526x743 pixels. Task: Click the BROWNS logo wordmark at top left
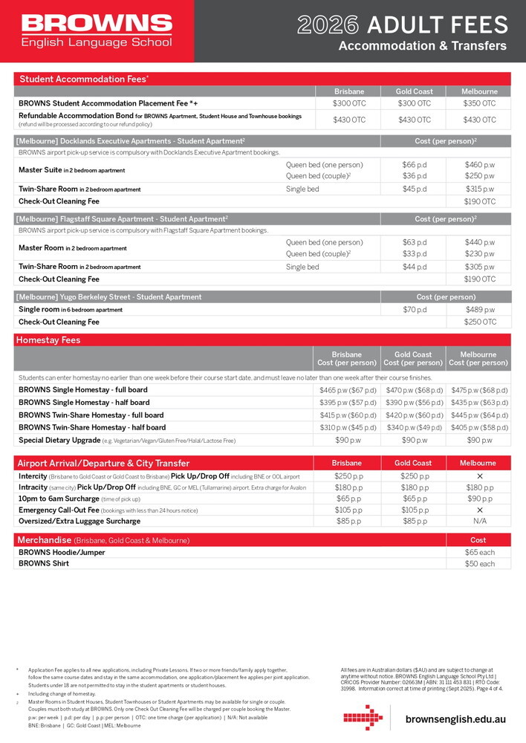point(97,23)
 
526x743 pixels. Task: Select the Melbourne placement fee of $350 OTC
point(479,103)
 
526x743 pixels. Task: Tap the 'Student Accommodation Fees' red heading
point(84,79)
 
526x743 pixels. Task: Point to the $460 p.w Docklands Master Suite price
point(480,164)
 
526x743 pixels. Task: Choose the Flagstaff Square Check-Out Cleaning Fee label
point(59,279)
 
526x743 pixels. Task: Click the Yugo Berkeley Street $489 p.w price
point(480,310)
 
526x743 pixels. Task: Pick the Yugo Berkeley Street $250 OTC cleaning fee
point(480,322)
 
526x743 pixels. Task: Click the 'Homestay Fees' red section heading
point(49,340)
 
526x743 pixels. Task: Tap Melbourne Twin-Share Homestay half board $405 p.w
point(479,428)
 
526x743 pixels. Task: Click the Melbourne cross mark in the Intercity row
point(479,476)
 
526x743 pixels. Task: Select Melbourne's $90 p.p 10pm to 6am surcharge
point(479,499)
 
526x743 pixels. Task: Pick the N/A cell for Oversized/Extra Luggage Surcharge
point(479,522)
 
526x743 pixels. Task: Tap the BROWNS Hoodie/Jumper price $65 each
point(479,552)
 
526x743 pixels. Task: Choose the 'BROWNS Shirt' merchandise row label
point(44,564)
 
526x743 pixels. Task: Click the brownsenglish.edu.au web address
point(455,720)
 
